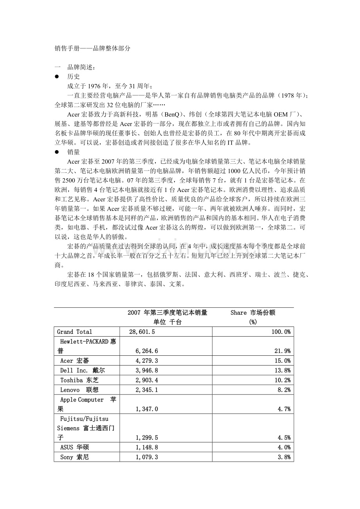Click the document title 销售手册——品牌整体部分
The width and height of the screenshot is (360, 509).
tap(92, 48)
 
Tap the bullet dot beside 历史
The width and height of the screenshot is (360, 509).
tap(57, 77)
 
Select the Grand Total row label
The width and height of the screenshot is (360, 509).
tap(74, 332)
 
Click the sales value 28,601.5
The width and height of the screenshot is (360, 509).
tap(142, 332)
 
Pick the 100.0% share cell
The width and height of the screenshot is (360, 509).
tap(281, 332)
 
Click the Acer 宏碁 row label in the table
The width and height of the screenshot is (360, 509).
tap(74, 360)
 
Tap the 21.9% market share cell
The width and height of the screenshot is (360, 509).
tap(282, 351)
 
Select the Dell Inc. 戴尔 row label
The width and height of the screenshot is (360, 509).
tap(82, 370)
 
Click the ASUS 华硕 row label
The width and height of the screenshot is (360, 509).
tap(74, 447)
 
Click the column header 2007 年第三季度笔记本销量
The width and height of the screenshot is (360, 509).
tap(167, 313)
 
